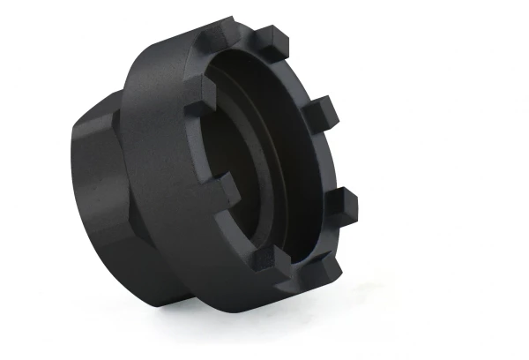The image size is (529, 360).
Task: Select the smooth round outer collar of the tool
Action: (x=159, y=176)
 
